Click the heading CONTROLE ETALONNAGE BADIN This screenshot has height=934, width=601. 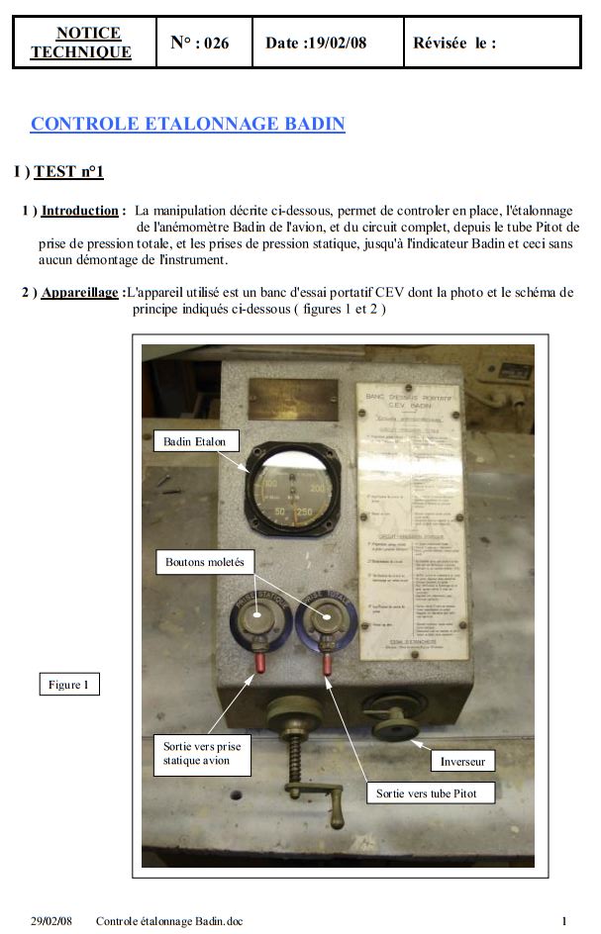tap(188, 125)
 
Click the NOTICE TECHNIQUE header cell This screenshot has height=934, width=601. tap(84, 43)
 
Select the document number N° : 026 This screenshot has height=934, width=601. tap(199, 43)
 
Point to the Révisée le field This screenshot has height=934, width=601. tap(454, 44)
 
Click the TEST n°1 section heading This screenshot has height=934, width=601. tap(68, 172)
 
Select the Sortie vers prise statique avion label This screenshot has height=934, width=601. tap(202, 753)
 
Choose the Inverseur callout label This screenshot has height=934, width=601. tap(461, 762)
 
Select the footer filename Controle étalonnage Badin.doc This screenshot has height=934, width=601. tap(169, 921)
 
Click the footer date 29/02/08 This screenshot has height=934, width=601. tap(50, 921)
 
